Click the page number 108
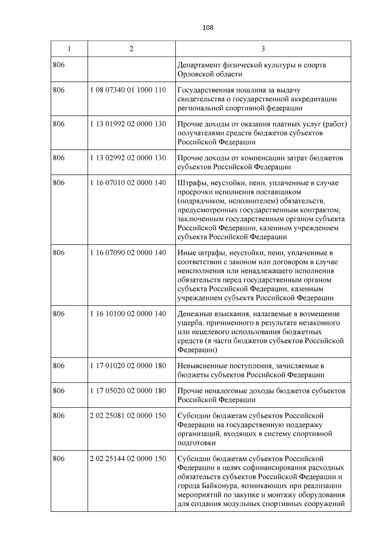tap(208, 27)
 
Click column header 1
tap(69, 49)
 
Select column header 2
tap(131, 49)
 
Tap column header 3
tap(263, 49)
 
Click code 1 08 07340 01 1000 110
tap(128, 90)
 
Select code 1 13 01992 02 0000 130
tap(128, 124)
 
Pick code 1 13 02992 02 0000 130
tap(128, 158)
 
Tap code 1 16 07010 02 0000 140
tap(128, 183)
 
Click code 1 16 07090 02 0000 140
tap(128, 253)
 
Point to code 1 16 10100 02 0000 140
tap(128, 314)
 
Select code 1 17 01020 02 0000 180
tap(128, 366)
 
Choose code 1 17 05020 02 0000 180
tap(128, 391)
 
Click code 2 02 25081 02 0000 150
tap(128, 416)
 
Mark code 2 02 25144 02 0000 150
tap(128, 459)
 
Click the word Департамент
tap(199, 65)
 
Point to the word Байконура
tap(213, 486)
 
